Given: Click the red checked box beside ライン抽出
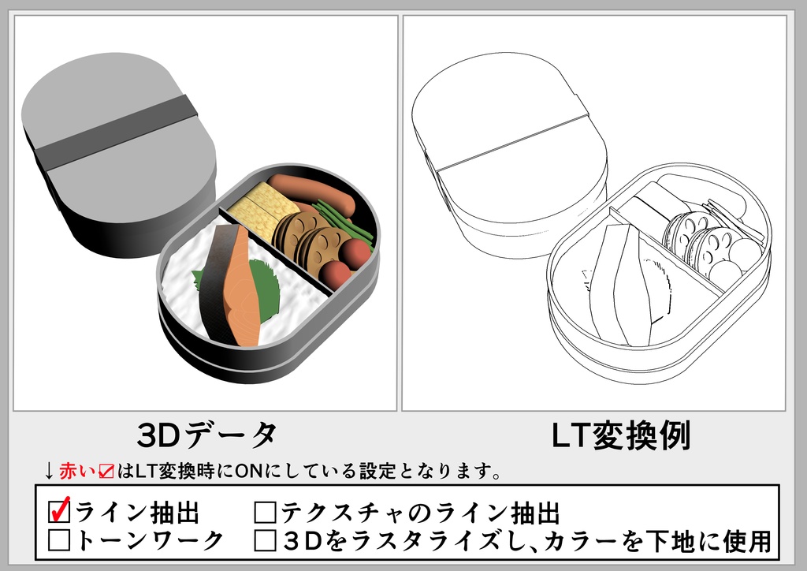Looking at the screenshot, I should (59, 513).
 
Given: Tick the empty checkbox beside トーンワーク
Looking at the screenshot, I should (59, 540).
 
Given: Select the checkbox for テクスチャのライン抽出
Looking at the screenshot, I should (265, 513).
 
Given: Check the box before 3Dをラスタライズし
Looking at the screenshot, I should (265, 540).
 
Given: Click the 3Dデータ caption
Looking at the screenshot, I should (206, 435).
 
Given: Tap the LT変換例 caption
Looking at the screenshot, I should (620, 435).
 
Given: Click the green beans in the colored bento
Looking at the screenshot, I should (343, 221).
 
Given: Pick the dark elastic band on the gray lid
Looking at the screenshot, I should (118, 134).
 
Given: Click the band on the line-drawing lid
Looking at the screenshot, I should (512, 142).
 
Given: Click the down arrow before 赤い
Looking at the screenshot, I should (49, 472).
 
